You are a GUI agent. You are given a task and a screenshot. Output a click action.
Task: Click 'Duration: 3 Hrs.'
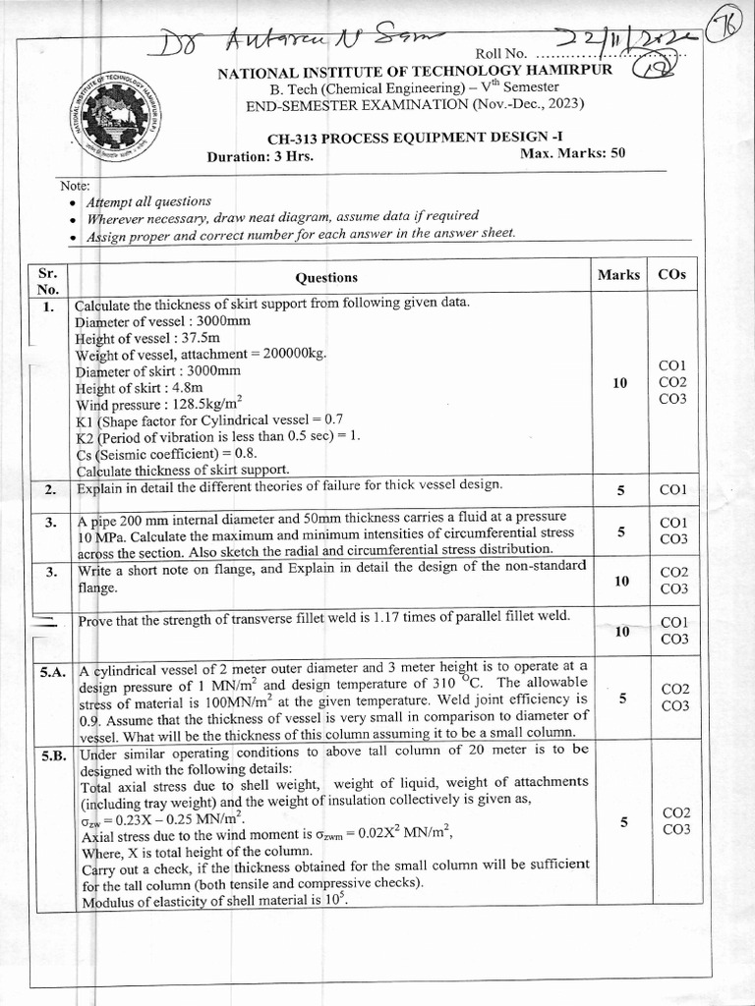point(260,157)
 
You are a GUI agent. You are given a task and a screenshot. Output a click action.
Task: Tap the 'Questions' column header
point(327,278)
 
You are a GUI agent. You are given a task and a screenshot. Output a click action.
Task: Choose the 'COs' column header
point(672,275)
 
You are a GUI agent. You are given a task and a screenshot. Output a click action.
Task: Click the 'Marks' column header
point(618,275)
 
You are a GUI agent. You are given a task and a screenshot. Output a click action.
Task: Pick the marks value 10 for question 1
point(619,382)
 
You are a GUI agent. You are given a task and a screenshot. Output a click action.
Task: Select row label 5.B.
point(51,755)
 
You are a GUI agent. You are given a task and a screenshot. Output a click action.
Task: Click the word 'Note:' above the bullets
point(75,185)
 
